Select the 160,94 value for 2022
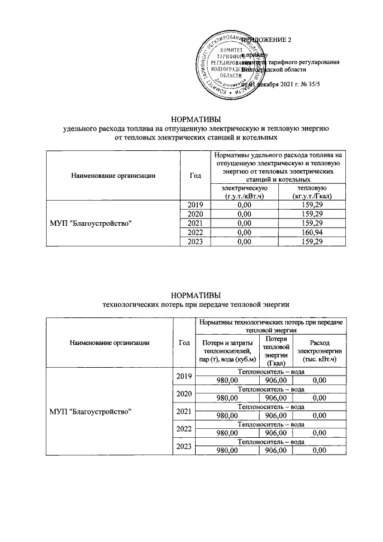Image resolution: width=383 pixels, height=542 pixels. click(314, 232)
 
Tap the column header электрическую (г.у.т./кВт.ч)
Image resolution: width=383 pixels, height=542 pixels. click(244, 192)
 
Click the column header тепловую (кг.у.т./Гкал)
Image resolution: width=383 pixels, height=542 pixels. click(314, 192)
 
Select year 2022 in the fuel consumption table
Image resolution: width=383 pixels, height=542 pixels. click(195, 232)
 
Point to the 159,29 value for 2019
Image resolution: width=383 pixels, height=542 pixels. click(314, 205)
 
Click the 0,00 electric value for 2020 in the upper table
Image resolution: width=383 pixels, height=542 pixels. click(244, 214)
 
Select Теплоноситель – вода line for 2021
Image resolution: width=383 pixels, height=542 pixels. click(270, 407)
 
